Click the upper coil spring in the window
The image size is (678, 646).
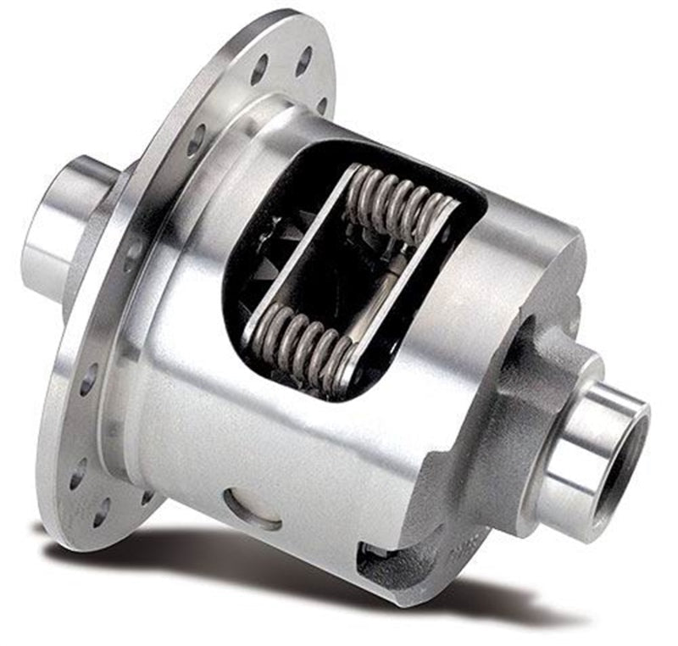click(x=398, y=202)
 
